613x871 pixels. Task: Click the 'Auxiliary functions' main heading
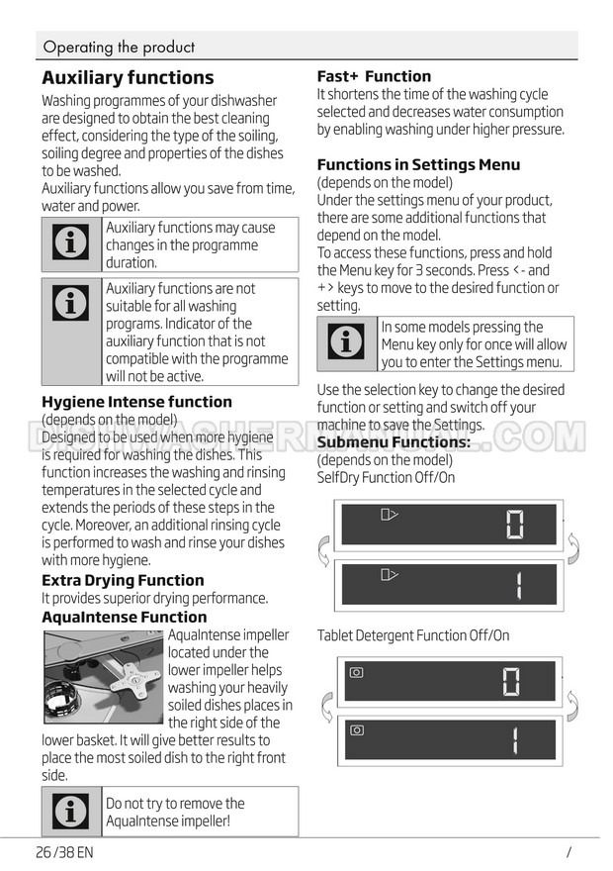click(x=128, y=77)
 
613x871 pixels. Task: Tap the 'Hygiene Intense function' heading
click(x=136, y=402)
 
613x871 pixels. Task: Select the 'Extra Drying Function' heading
click(x=123, y=580)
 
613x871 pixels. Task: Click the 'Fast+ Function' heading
click(x=374, y=76)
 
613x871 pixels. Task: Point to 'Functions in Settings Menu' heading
click(x=418, y=164)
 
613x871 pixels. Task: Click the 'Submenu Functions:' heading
click(x=394, y=442)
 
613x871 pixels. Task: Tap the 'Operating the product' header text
click(x=120, y=47)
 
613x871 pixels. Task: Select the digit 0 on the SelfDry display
click(x=515, y=525)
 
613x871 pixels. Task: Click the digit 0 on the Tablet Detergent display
click(x=511, y=682)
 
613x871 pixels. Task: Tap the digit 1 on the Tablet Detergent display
click(x=516, y=740)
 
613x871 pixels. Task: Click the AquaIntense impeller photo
click(x=103, y=677)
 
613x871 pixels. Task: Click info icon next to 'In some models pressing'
click(x=346, y=343)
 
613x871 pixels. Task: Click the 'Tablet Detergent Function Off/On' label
click(x=413, y=635)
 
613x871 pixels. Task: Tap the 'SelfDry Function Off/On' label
click(x=386, y=478)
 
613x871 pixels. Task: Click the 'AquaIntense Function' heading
click(x=125, y=617)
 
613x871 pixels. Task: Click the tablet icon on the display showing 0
click(x=357, y=672)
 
